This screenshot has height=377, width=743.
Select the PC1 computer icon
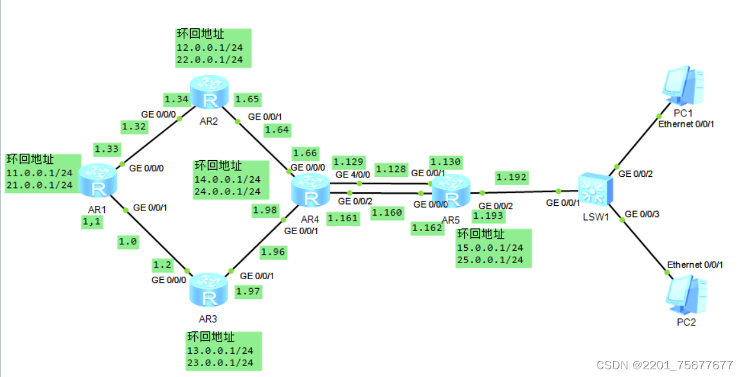click(684, 84)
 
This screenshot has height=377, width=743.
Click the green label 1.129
click(348, 161)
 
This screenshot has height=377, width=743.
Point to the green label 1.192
click(512, 177)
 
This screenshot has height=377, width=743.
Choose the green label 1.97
click(249, 292)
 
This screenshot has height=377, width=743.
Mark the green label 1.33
click(107, 149)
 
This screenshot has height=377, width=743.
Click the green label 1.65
click(247, 99)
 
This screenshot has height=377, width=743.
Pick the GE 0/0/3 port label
click(641, 214)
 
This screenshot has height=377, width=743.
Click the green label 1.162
click(428, 227)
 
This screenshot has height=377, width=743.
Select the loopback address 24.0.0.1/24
click(228, 191)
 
